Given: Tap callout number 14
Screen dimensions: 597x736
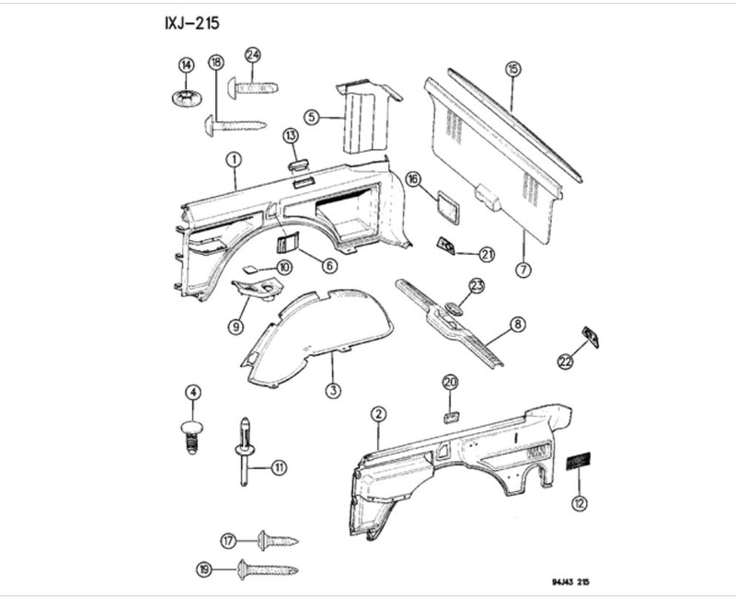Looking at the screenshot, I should point(186,64).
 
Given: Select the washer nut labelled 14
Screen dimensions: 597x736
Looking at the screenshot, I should point(187,96).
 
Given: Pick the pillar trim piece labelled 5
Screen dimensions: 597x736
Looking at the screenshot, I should point(364,118).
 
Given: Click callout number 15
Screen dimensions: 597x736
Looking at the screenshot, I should point(512,68).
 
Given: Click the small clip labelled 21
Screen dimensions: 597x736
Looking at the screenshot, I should point(449,246).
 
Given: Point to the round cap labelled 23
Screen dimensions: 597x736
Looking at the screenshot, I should point(453,308).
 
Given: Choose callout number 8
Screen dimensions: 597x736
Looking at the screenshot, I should point(519,324).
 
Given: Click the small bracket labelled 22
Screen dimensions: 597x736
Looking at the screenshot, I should point(590,338).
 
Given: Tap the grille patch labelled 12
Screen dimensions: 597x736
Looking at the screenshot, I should point(577,463).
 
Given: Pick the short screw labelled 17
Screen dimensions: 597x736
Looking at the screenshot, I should point(275,540).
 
